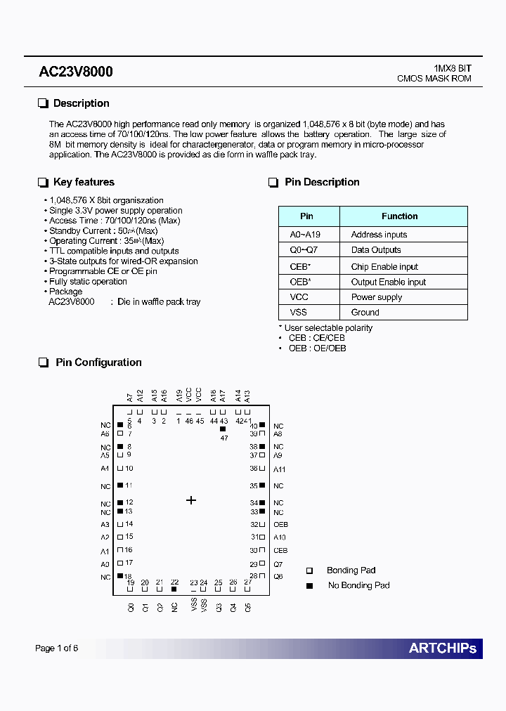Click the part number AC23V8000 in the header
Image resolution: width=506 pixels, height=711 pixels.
pos(76,72)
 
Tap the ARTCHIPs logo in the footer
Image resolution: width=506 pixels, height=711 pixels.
pos(442,648)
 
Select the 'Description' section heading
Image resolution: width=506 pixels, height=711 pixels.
pos(81,103)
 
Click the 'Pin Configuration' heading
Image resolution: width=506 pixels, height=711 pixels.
pos(98,363)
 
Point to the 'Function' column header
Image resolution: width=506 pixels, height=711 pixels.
pos(399,216)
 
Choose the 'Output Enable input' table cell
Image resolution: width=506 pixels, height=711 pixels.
pos(388,282)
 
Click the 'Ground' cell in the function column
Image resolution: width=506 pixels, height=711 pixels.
pos(365,312)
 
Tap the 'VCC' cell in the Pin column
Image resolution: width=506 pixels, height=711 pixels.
pos(299,297)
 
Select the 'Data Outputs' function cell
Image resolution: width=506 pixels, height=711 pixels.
pos(376,250)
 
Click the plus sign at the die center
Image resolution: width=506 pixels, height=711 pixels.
pos(190,500)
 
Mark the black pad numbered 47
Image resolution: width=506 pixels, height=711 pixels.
pos(223,429)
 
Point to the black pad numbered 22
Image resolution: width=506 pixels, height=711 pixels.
pos(174,590)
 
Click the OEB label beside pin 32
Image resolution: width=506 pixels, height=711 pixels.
pos(280,525)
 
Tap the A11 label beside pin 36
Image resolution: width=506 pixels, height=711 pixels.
pos(280,469)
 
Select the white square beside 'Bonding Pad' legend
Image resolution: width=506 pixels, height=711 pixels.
pos(309,570)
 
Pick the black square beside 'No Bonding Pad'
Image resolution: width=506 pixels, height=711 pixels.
pos(309,585)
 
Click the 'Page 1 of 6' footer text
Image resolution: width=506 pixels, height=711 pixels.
pos(56,648)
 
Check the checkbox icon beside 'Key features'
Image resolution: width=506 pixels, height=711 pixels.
pos(43,183)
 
